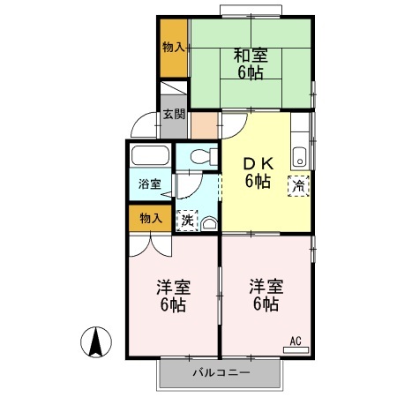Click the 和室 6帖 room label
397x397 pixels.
coord(251,64)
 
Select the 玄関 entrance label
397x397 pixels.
coord(174,115)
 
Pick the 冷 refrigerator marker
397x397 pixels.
coord(299,185)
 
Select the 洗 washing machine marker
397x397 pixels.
coord(187,221)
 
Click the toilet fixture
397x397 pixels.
coord(199,157)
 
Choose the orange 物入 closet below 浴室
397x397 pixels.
coord(150,218)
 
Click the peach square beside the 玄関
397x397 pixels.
coord(204,124)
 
